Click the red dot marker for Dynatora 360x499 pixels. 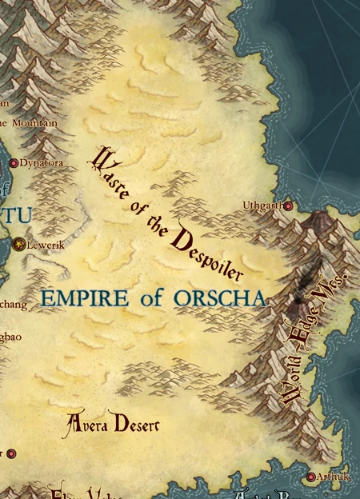coord(13,163)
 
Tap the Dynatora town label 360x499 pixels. coord(42,163)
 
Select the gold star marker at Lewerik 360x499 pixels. coord(19,244)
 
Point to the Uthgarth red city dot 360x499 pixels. coord(288,206)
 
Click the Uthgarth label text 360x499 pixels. coord(262,206)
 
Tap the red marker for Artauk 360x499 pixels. coord(311,477)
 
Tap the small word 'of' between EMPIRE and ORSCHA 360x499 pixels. coord(151,299)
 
